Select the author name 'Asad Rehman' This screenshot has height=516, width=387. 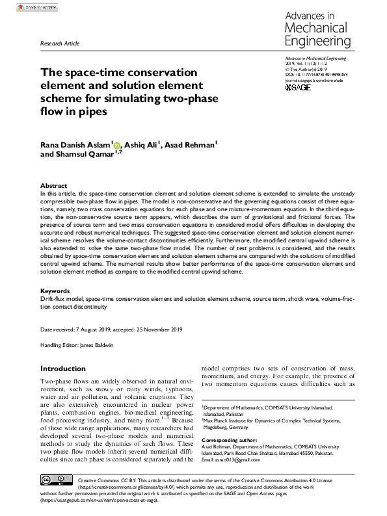tap(193, 146)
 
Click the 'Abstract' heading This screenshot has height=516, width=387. tap(53, 185)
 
